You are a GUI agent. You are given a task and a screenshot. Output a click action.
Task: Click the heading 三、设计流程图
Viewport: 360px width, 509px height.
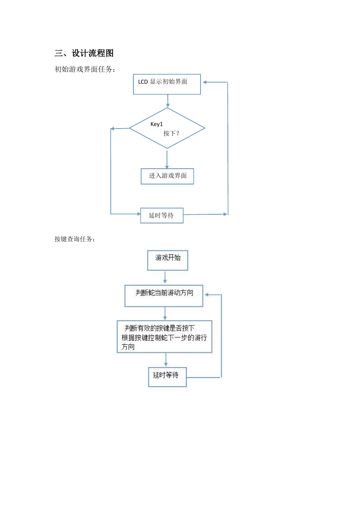(x=84, y=53)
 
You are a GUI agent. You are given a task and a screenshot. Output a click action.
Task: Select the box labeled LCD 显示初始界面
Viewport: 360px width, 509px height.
(x=167, y=84)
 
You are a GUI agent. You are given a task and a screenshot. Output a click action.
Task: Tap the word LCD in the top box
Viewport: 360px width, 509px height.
(x=143, y=82)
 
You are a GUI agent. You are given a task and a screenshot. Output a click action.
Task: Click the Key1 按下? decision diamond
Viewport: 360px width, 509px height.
(x=167, y=128)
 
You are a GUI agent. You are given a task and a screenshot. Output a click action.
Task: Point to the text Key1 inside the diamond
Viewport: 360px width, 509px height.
(x=157, y=124)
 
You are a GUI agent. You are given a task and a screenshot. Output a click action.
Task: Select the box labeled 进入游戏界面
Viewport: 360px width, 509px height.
(x=167, y=176)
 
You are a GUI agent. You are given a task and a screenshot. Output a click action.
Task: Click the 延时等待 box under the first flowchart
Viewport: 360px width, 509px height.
(x=162, y=216)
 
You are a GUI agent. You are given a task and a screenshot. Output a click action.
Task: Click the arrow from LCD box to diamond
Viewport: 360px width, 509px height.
(x=168, y=101)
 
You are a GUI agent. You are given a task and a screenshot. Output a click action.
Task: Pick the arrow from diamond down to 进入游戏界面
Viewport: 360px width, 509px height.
(x=167, y=160)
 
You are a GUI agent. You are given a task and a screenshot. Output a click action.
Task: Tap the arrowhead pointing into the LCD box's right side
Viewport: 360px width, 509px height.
(x=204, y=82)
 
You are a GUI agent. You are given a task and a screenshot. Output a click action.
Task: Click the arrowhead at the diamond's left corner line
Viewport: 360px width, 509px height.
(x=112, y=128)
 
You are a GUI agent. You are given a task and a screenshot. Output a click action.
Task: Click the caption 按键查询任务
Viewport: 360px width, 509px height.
(x=75, y=239)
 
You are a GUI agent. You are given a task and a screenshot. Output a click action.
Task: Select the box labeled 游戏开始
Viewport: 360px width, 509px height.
(x=168, y=260)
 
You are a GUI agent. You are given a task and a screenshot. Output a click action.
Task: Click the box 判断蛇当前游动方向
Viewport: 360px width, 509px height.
(x=164, y=296)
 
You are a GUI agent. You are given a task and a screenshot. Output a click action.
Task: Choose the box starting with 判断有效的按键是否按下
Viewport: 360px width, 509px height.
(x=164, y=337)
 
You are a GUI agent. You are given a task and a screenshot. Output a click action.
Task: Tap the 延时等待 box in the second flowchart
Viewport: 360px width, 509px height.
(x=167, y=377)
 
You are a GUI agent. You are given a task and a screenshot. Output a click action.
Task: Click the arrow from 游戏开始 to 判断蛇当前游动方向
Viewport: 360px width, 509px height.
(x=165, y=277)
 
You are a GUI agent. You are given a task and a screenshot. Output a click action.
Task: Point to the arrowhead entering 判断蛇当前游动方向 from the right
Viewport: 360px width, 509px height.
(x=206, y=295)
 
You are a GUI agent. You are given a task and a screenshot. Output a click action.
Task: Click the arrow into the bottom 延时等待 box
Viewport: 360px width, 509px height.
(x=166, y=360)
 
